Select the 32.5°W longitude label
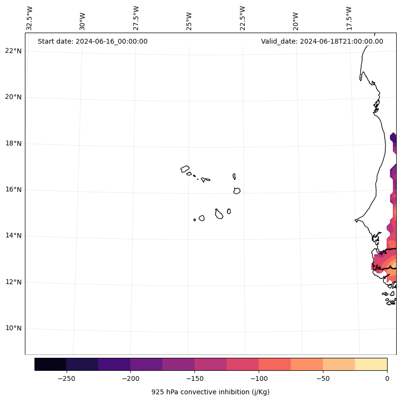[30, 18]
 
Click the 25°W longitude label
[189, 21]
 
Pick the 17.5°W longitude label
[349, 18]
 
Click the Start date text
[92, 41]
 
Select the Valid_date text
[322, 41]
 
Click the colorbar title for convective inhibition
[210, 392]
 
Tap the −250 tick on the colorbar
[66, 378]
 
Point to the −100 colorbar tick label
[259, 378]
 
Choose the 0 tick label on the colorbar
[387, 378]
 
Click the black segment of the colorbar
[50, 364]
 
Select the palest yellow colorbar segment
[371, 364]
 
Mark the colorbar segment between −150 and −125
[210, 364]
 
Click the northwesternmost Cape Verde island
[185, 168]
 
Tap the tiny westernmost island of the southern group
[195, 220]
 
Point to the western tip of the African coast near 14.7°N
[355, 220]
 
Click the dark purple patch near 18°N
[393, 138]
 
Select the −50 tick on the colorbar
[323, 378]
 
